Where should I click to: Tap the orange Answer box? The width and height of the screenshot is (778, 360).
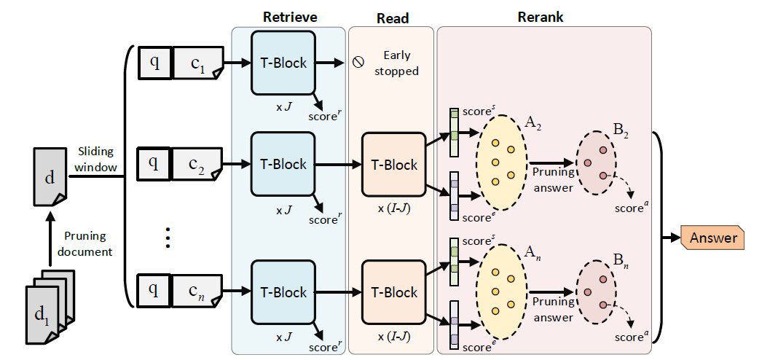click(713, 238)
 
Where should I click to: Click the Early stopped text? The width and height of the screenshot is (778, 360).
click(396, 63)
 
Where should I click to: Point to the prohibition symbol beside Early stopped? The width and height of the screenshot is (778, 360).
click(358, 63)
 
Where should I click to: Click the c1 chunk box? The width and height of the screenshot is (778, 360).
click(196, 63)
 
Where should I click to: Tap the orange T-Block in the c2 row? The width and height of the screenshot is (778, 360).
click(394, 165)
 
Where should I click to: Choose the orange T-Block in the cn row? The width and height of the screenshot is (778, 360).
click(394, 292)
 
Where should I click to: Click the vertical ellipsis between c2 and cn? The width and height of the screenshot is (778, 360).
click(168, 238)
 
